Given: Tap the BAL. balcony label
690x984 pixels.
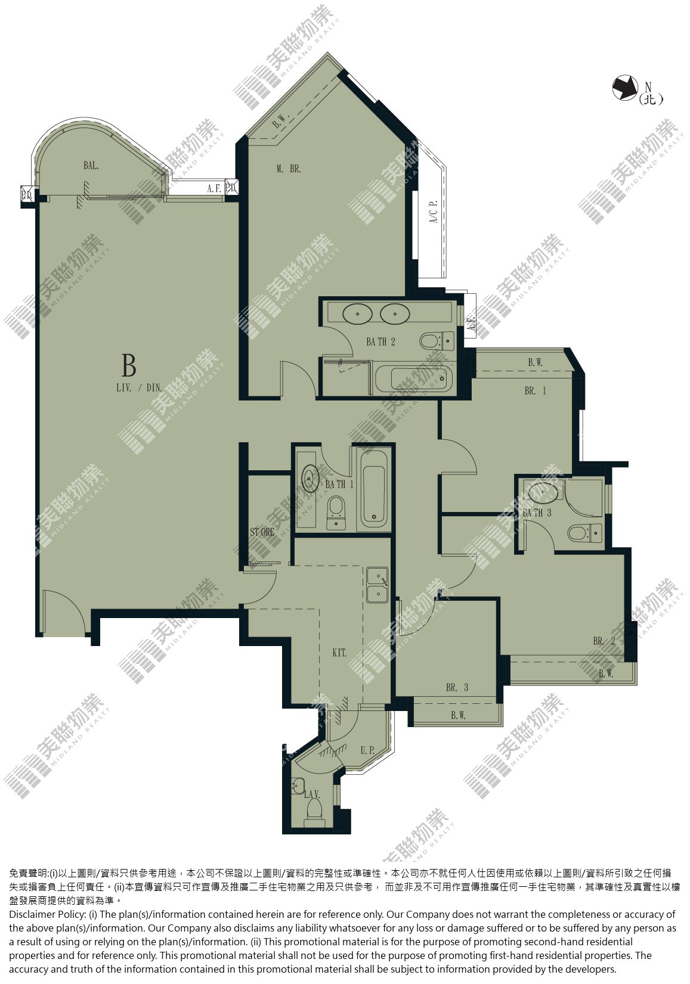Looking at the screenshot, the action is click(x=91, y=166).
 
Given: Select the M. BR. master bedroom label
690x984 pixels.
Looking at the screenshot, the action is click(x=289, y=169).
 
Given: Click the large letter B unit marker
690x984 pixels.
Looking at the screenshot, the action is click(x=128, y=365).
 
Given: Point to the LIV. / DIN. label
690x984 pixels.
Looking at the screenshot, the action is click(x=139, y=388).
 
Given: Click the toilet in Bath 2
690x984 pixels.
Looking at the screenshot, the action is click(x=437, y=340).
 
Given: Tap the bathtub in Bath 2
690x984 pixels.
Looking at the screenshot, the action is click(x=413, y=378).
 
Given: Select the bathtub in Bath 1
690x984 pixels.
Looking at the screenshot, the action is click(x=375, y=488).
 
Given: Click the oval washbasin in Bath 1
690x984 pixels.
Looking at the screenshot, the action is click(x=310, y=479).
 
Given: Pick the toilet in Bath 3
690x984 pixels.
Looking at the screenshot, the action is click(x=584, y=533).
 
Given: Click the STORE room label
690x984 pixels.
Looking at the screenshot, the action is click(x=262, y=532).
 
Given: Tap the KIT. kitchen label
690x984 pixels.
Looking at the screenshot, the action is click(x=339, y=653).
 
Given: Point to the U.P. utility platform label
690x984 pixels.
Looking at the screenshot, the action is click(x=367, y=750).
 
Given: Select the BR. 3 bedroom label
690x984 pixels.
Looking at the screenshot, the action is click(x=457, y=687).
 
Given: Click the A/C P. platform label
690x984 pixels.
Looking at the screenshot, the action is click(x=434, y=212).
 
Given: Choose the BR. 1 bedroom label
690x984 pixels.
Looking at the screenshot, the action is click(x=535, y=390).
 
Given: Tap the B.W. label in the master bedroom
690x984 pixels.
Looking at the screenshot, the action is click(x=280, y=121).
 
